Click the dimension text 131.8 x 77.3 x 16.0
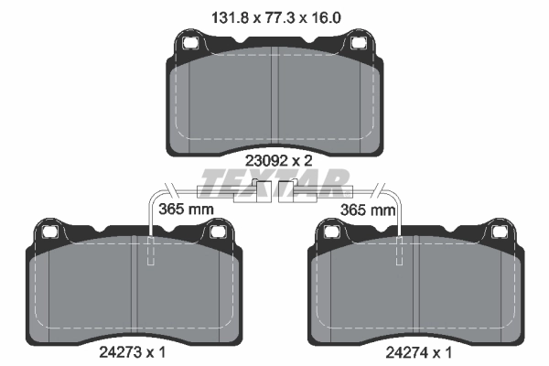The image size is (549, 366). click(276, 17)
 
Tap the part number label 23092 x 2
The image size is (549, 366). click(279, 161)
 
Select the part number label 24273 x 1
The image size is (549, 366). click(133, 352)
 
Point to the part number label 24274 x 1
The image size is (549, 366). click(419, 352)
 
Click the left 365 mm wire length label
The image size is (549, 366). click(186, 210)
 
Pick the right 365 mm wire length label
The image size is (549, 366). click(368, 210)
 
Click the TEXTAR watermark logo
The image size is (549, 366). click(275, 183)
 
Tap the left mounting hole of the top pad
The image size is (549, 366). click(189, 42)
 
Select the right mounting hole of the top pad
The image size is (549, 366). click(358, 42)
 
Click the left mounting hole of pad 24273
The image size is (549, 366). click(49, 231)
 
